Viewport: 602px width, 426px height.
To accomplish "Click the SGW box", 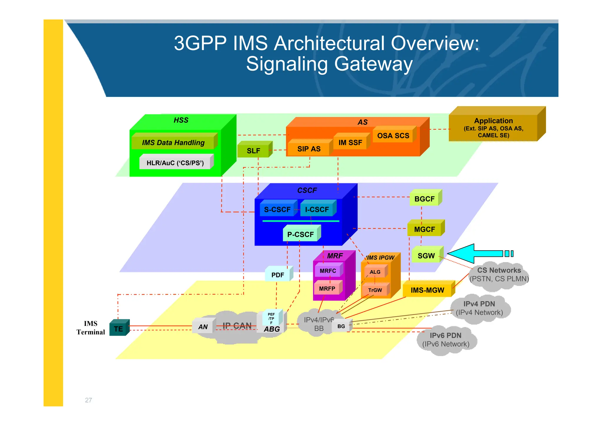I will tap(426, 256).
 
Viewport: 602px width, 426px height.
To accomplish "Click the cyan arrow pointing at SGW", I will tap(476, 253).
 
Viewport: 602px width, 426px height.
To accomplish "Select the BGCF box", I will tap(424, 199).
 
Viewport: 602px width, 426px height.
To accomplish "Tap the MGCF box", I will tap(424, 229).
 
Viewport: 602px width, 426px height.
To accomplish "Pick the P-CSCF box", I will tap(300, 234).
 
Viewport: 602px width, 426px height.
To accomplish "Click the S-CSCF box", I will tap(277, 209).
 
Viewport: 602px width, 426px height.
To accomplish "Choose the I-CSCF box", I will tap(317, 209).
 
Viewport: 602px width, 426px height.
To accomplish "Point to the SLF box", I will tap(253, 150).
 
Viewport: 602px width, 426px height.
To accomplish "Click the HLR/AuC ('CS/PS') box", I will tap(175, 163).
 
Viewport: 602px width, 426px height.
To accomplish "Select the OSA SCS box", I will tap(393, 135).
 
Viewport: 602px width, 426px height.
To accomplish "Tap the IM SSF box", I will tap(350, 142).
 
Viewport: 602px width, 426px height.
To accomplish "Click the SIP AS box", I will tap(309, 149).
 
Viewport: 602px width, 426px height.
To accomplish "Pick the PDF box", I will tap(277, 275).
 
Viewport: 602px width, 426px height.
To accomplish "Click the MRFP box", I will tap(327, 289).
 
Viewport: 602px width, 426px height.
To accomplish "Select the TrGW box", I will tap(375, 290).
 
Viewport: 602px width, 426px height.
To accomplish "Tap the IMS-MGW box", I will tap(427, 290).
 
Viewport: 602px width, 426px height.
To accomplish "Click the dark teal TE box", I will tap(118, 329).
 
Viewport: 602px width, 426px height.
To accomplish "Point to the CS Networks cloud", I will tap(499, 274).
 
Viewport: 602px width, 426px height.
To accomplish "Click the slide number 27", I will tap(88, 400).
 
